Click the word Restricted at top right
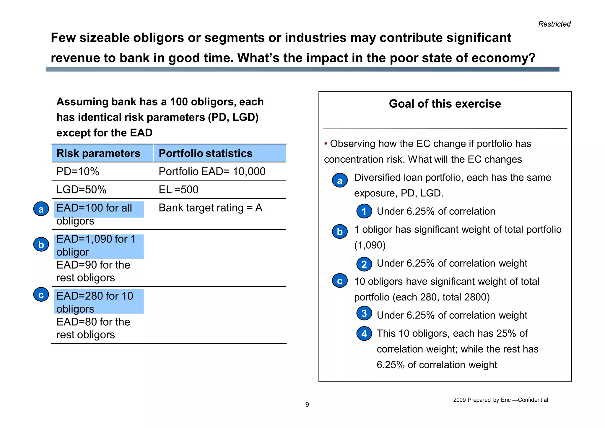tap(554, 24)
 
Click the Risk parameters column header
tap(98, 153)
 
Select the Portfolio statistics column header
tap(206, 153)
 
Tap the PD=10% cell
tap(78, 172)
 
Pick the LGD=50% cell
tap(82, 190)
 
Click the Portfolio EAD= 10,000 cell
tap(212, 172)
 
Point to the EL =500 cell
tap(178, 190)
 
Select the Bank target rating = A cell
tap(210, 208)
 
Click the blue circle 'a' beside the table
tap(41, 209)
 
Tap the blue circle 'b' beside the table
tap(41, 245)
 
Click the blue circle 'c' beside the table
tap(41, 295)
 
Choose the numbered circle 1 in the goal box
tap(364, 211)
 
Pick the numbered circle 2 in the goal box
tap(364, 264)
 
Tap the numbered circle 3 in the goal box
tap(364, 313)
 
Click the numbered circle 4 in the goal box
tap(364, 334)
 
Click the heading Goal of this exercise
tap(445, 104)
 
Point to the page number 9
tap(307, 404)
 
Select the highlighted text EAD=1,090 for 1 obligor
tap(96, 246)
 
